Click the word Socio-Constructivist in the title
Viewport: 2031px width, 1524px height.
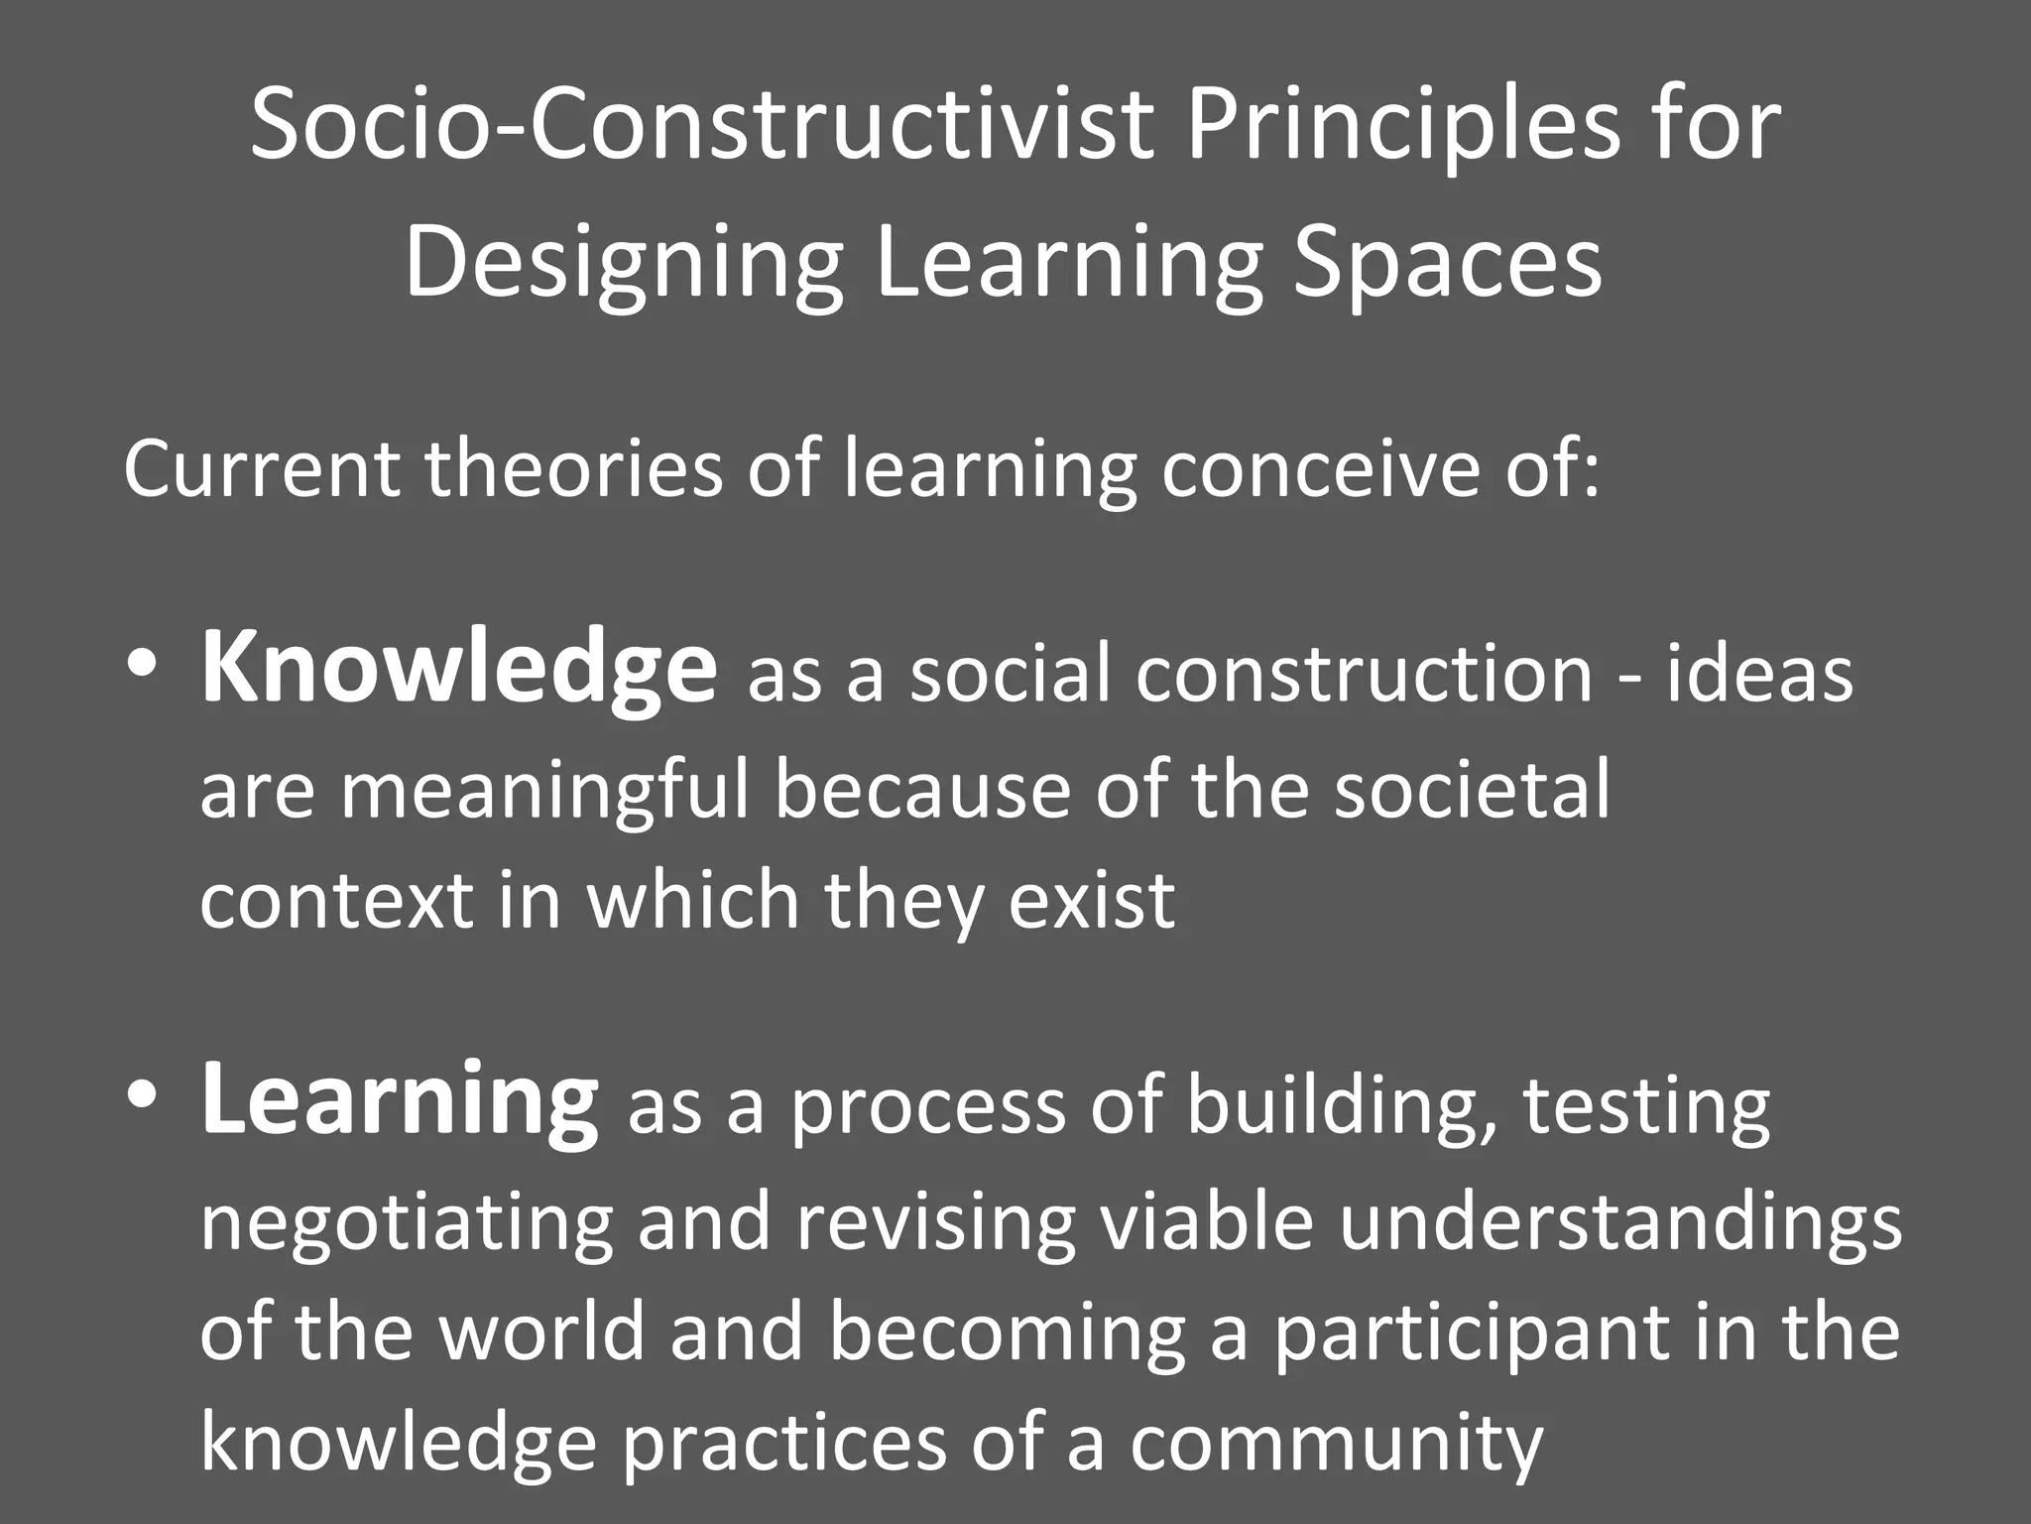click(702, 126)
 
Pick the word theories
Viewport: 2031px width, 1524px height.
click(574, 468)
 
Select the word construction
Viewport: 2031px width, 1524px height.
click(1364, 675)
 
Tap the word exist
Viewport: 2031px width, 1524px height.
click(1092, 901)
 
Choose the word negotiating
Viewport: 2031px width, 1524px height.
click(407, 1224)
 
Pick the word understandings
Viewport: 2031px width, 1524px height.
click(1620, 1224)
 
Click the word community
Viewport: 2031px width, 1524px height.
click(1336, 1443)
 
